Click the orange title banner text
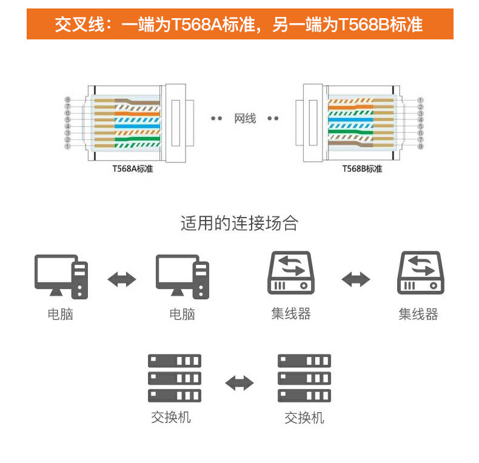(x=239, y=24)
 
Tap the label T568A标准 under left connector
(x=133, y=169)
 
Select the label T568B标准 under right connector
(x=362, y=169)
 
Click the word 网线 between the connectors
(x=245, y=119)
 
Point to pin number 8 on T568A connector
(x=68, y=99)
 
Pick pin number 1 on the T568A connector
(x=67, y=146)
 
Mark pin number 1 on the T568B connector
(x=420, y=100)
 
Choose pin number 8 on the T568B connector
(x=421, y=146)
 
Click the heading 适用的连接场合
(x=239, y=223)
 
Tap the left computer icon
(x=61, y=277)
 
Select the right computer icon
(x=183, y=277)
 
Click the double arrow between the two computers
(x=122, y=279)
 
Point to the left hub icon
(x=291, y=273)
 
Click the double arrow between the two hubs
(x=355, y=279)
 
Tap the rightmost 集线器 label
(x=418, y=314)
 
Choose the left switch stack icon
(x=175, y=378)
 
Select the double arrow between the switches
(x=239, y=383)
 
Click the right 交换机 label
(x=304, y=418)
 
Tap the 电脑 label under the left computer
(x=61, y=314)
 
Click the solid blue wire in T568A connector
(x=137, y=126)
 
